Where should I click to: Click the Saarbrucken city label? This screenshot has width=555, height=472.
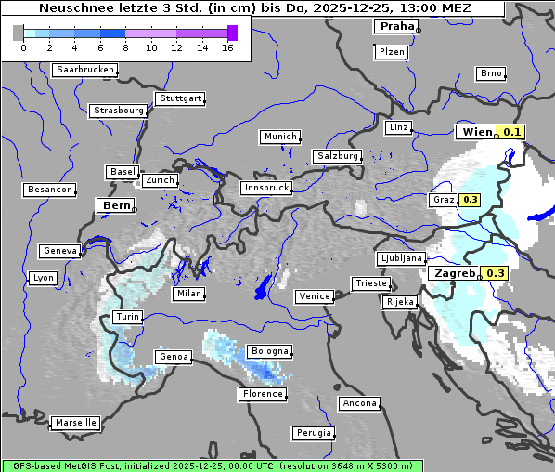click(85, 70)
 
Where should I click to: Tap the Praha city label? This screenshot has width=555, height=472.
click(397, 26)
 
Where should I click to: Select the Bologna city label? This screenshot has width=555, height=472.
click(269, 351)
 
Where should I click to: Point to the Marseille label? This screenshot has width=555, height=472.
click(76, 422)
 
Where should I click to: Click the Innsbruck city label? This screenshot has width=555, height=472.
click(265, 187)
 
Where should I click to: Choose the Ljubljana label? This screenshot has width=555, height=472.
click(401, 258)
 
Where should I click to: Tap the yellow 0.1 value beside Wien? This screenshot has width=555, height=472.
click(512, 132)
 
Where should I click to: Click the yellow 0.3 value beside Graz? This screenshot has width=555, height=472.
click(470, 199)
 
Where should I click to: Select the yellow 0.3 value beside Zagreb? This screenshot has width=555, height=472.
click(496, 273)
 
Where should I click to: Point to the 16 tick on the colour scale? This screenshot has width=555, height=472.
click(227, 48)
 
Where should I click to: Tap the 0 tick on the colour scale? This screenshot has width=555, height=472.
click(23, 48)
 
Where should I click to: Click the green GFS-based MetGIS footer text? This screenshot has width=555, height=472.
click(212, 465)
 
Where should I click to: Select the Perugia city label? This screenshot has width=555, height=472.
click(313, 433)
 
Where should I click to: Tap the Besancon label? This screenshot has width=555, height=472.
click(50, 190)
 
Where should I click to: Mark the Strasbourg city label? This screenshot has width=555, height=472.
click(119, 111)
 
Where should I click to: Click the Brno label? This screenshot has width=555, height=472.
click(491, 73)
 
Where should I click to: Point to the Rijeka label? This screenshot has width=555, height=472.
click(400, 302)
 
